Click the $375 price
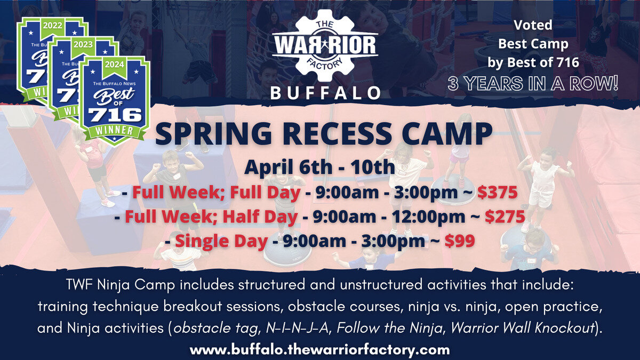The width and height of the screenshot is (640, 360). click(497, 192)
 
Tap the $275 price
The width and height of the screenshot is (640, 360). click(504, 217)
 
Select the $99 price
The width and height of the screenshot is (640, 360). click(460, 241)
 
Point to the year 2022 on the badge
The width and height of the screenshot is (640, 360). click(52, 24)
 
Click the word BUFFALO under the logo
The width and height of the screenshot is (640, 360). click(325, 93)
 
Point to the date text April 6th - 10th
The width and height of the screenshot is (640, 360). click(319, 167)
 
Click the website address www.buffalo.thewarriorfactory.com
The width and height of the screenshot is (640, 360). click(320, 350)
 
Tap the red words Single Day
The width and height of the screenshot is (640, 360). click(221, 241)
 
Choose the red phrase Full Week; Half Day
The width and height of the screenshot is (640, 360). click(211, 217)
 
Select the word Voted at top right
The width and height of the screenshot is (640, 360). click(533, 25)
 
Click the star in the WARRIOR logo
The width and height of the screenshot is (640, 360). click(325, 45)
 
